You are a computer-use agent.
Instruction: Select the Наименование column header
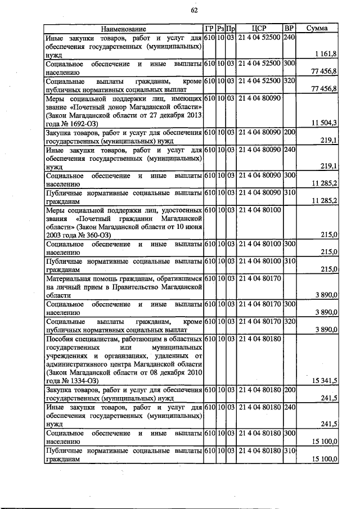pos(123,29)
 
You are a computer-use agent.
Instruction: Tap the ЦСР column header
pos(259,29)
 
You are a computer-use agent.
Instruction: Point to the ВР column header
pos(289,29)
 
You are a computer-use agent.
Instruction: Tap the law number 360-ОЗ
pos(97,234)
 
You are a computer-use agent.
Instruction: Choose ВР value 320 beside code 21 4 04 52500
pos(289,81)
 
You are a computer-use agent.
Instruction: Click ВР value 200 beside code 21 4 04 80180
pos(289,390)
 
